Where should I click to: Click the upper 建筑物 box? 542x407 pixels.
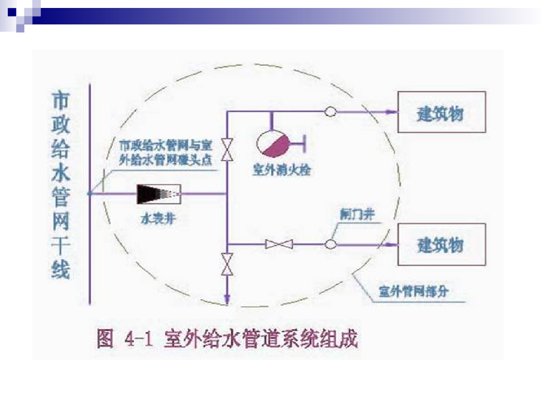(441, 112)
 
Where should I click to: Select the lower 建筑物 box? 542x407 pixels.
(441, 244)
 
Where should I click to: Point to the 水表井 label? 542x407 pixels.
(157, 218)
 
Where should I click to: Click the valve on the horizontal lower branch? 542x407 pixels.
(279, 244)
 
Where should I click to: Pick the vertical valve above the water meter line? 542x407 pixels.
(228, 149)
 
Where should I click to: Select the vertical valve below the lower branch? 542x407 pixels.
(228, 264)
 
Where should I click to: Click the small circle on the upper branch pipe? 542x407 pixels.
(330, 112)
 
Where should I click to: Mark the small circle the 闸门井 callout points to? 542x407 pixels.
(330, 244)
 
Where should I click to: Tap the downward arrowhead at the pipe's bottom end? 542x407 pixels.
(228, 300)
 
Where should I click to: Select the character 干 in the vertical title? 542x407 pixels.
(60, 246)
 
